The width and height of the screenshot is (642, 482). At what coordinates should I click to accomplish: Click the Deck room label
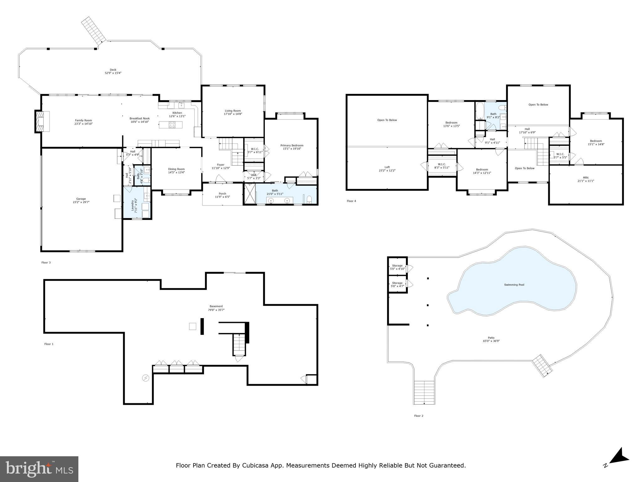coord(113,70)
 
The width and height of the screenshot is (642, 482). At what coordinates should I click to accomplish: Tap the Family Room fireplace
coord(41,121)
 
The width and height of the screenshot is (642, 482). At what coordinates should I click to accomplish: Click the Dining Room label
coord(176,169)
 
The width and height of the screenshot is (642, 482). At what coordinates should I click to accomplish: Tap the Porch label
coord(222,194)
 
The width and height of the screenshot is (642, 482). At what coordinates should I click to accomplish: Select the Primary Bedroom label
coord(292,145)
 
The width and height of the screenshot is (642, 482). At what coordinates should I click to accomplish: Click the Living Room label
coord(233,110)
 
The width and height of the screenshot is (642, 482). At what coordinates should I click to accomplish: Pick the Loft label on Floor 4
coord(387,167)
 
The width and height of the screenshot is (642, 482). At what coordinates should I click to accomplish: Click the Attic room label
coord(586,178)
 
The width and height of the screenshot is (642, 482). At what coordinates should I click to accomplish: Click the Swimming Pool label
coord(514,285)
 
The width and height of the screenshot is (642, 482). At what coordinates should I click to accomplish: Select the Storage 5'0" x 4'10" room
coord(397,267)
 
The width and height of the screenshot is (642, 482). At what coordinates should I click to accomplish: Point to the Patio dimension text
coord(491,341)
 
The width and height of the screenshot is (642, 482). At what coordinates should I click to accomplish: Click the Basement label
coord(216,306)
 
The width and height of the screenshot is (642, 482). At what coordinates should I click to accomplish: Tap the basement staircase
coord(239,344)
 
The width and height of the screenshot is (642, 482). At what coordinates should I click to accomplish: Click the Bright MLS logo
coord(39,469)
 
